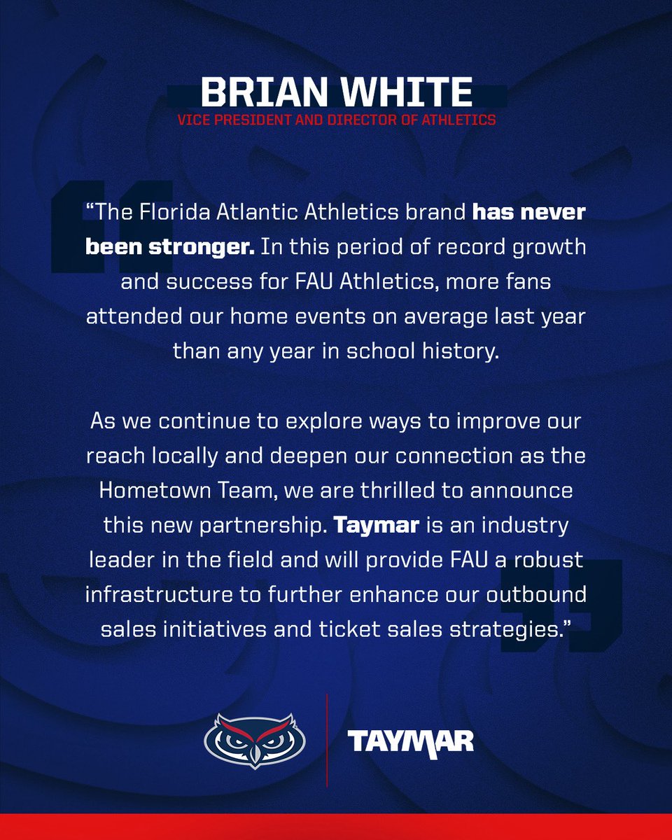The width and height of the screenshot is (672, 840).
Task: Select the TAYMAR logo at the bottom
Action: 412,741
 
